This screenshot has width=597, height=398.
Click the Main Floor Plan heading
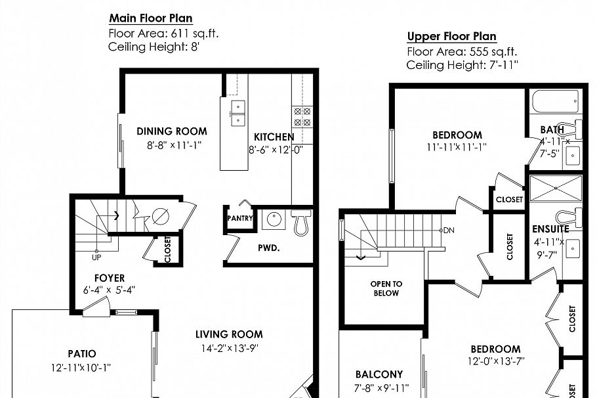pos(150,18)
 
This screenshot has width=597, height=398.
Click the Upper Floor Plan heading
pos(451,36)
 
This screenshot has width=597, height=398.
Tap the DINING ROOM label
pos(172,131)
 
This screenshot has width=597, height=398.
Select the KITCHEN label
pos(274,137)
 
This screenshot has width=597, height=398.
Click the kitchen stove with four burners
pos(302,117)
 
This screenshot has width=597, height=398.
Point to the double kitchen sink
pos(237,113)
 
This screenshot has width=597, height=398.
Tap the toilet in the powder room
pos(300,222)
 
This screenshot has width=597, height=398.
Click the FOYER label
pos(109,278)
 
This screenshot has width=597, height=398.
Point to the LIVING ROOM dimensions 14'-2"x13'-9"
pos(229,349)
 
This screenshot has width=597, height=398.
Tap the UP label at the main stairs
pos(96,256)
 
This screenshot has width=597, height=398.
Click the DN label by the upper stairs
pos(449,230)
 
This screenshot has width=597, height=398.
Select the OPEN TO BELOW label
pos(386,288)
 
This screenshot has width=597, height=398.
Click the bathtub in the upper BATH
pos(555,102)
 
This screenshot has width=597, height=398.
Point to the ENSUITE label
pos(550,230)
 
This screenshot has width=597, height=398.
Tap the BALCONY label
pos(379,374)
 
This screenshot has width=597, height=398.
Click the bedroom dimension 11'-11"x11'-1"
pos(456,148)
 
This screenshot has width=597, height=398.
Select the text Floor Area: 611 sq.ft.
pos(169,34)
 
